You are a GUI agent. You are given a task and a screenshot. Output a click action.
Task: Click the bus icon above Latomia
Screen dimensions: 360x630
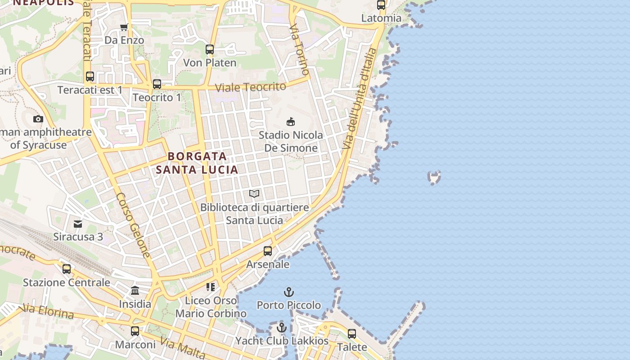[381, 5]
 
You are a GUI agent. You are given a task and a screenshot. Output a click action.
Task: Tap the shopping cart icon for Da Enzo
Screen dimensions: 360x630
[124, 27]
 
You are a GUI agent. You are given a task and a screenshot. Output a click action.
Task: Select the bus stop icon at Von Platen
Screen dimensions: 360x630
[210, 49]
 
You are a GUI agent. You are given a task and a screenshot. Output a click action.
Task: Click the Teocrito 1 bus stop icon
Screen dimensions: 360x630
[157, 84]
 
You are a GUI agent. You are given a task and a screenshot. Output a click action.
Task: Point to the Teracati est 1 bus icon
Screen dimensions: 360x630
[90, 76]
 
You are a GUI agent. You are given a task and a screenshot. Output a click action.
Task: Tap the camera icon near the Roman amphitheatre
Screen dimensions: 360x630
[38, 119]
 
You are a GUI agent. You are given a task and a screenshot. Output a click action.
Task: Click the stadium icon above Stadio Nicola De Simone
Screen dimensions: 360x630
[291, 121]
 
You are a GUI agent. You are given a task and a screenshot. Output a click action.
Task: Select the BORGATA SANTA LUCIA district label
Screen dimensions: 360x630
[197, 163]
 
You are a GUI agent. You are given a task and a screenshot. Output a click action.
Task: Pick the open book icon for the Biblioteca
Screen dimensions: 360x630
[254, 193]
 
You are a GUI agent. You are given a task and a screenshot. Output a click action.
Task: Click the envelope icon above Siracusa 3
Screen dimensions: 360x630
[78, 224]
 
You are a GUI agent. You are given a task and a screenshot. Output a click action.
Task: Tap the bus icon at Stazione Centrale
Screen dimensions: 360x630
[67, 269]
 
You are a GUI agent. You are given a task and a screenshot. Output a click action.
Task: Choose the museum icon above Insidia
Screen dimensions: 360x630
[135, 290]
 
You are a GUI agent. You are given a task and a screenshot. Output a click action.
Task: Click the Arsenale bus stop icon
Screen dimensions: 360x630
[268, 251]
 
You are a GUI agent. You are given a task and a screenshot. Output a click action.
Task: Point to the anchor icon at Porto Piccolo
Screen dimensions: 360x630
[289, 292]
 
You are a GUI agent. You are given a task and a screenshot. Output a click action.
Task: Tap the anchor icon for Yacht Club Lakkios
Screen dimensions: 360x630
[282, 328]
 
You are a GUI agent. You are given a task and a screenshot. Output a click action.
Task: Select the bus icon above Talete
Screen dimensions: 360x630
[352, 334]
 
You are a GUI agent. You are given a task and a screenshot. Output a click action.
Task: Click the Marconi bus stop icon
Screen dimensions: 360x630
[135, 331]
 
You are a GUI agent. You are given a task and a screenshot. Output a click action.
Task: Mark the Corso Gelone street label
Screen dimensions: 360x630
[133, 225]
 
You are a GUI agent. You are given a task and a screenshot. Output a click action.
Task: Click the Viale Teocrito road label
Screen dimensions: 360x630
[251, 87]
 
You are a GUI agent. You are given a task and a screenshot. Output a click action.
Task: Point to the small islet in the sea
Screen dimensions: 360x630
[434, 177]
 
